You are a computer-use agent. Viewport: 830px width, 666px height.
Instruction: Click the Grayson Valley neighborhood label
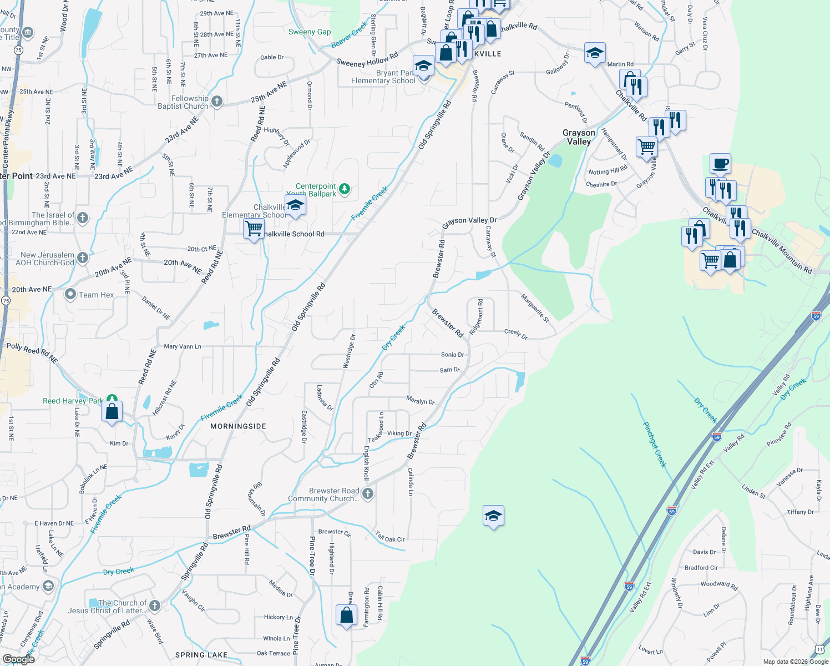pyautogui.click(x=579, y=137)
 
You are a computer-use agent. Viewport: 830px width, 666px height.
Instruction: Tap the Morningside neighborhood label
pyautogui.click(x=238, y=426)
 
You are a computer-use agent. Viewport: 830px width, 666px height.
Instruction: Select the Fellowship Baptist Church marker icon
pyautogui.click(x=217, y=102)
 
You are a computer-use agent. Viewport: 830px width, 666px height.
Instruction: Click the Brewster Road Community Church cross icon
pyautogui.click(x=367, y=494)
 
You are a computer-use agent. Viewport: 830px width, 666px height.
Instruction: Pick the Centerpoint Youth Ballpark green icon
pyautogui.click(x=345, y=189)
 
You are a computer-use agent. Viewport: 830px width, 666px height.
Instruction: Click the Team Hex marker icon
pyautogui.click(x=70, y=294)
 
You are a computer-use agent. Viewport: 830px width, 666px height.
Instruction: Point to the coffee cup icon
pyautogui.click(x=720, y=164)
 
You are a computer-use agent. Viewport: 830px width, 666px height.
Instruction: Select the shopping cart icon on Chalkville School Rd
pyautogui.click(x=254, y=228)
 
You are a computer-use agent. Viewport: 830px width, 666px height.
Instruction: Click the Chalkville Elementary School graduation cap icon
pyautogui.click(x=295, y=205)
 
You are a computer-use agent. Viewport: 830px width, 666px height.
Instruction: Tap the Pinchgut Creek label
pyautogui.click(x=655, y=445)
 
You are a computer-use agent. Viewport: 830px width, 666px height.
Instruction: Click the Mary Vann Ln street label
pyautogui.click(x=183, y=346)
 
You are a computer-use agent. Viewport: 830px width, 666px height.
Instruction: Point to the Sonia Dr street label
pyautogui.click(x=452, y=355)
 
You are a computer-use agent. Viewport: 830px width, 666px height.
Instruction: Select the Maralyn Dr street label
pyautogui.click(x=421, y=401)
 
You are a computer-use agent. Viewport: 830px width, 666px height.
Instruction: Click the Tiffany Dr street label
pyautogui.click(x=800, y=512)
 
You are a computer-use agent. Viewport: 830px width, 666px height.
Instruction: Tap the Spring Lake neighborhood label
pyautogui.click(x=201, y=655)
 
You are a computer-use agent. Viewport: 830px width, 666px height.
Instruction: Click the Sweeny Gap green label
pyautogui.click(x=310, y=32)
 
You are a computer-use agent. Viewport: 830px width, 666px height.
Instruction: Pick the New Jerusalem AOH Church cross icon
pyautogui.click(x=83, y=258)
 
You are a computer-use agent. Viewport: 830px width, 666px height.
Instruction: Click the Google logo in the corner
pyautogui.click(x=18, y=659)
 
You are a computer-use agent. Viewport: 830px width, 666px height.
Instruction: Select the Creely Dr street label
pyautogui.click(x=516, y=334)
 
